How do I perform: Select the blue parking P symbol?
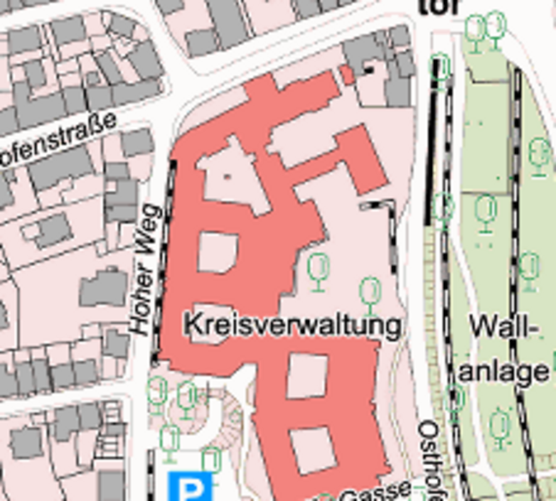[190, 486]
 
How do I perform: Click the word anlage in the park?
[504, 371]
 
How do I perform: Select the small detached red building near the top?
[348, 75]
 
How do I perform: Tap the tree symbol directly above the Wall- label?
[529, 271]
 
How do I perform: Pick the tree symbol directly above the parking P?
[211, 460]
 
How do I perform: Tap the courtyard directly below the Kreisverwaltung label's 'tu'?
[307, 376]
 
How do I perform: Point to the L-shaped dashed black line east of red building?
[387, 229]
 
